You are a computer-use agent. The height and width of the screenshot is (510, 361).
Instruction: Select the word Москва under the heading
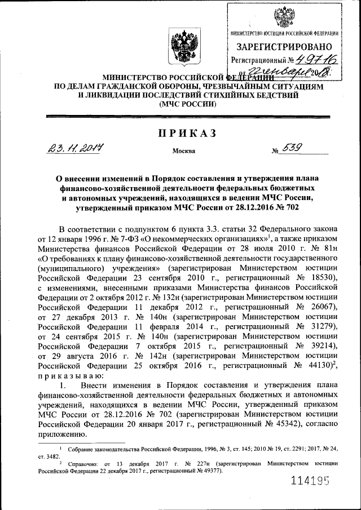(x=184, y=152)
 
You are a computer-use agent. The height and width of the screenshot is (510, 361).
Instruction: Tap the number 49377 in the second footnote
(x=209, y=471)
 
